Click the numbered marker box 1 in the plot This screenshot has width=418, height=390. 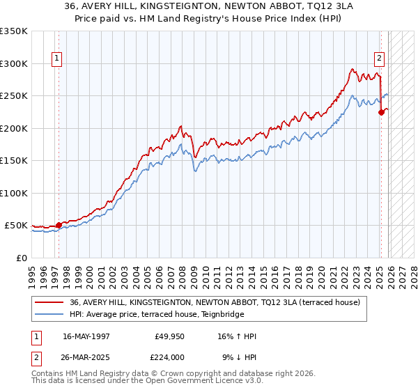(56, 58)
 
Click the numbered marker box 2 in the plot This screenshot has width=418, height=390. (380, 58)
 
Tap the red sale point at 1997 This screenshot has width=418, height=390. (59, 225)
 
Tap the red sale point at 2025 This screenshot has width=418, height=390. (381, 113)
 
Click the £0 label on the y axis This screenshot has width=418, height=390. (22, 258)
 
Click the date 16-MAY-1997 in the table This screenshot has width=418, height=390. (88, 336)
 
